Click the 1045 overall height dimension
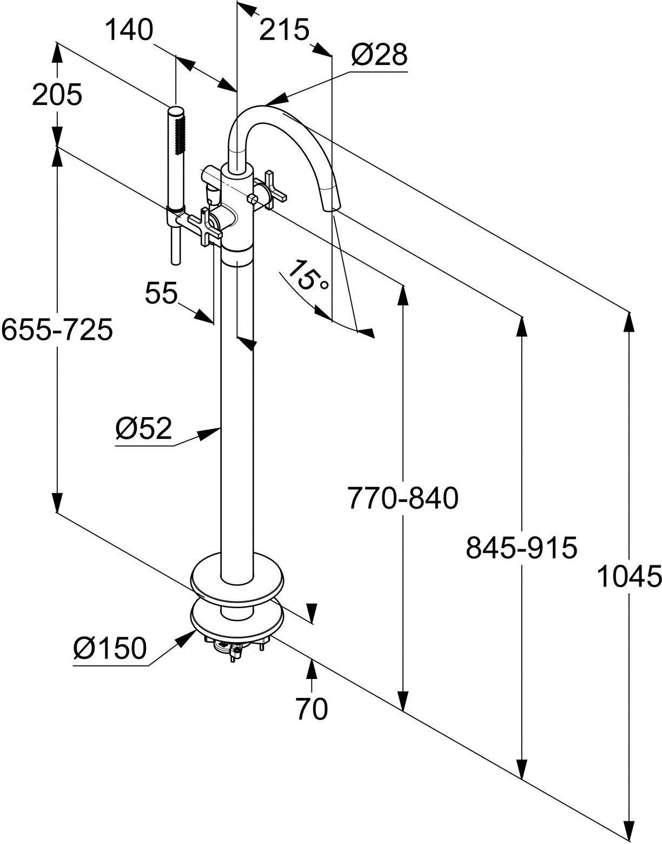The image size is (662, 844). pos(629,577)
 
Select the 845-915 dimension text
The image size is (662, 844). pos(521,548)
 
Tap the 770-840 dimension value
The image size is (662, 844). pos(402,498)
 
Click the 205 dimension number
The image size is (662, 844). pos(57,95)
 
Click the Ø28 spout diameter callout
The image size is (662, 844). pos(378,55)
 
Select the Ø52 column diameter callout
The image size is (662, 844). pos(143,429)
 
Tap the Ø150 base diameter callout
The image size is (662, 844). pos(110,648)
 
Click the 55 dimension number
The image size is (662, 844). pos(161,294)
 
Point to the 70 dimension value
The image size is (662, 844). pos(312,708)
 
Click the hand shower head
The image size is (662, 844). pos(176,157)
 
